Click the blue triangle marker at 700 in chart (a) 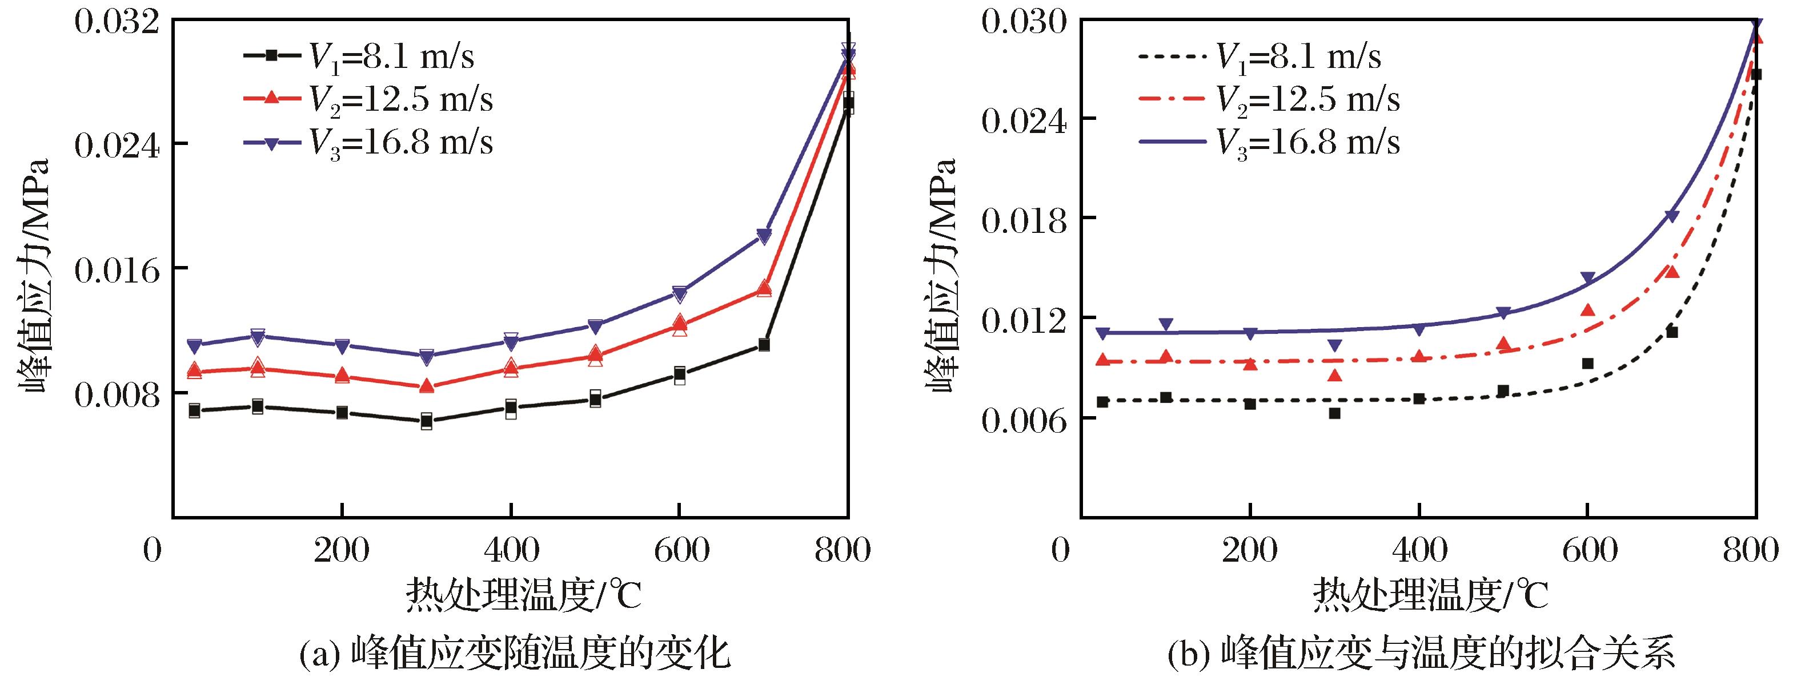[764, 236]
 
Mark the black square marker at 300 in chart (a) [427, 421]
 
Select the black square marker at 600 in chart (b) [1587, 363]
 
